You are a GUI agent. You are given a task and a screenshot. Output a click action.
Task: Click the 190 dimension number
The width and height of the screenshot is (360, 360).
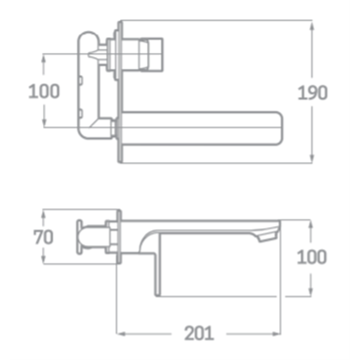click(312, 93)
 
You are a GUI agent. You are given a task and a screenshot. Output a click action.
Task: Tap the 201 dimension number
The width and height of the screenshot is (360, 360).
click(199, 333)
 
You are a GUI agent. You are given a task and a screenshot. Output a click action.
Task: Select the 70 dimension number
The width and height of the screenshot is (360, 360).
click(43, 237)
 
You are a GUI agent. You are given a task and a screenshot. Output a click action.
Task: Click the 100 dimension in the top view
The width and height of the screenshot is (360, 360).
click(44, 91)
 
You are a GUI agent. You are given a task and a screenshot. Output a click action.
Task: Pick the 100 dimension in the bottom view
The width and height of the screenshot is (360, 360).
click(311, 256)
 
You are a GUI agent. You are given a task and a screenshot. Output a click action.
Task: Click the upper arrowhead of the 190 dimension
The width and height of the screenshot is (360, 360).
click(311, 26)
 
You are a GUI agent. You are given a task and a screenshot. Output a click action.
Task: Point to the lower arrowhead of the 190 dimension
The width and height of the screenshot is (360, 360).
click(311, 158)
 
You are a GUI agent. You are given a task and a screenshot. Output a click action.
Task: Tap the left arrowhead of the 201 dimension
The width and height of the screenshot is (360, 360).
click(121, 334)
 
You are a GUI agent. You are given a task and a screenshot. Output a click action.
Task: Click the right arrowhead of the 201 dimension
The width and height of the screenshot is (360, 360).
click(276, 334)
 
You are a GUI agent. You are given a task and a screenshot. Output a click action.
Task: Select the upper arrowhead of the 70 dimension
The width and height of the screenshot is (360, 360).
click(43, 215)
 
